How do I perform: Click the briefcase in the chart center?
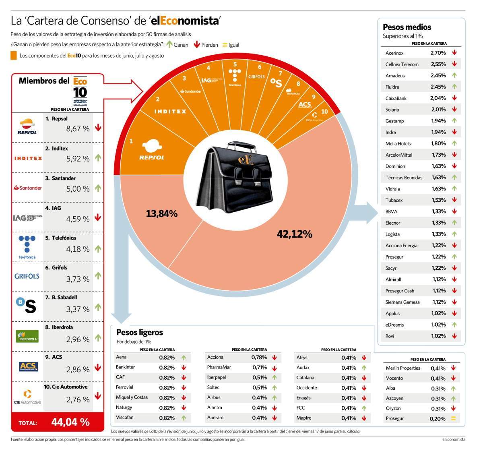237,178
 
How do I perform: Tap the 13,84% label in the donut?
161,214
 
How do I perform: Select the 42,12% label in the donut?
294,234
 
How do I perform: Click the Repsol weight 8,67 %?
78,128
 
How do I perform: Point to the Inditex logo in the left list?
28,158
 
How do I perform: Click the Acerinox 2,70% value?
438,53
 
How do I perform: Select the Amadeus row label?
395,76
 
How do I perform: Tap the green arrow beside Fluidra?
454,87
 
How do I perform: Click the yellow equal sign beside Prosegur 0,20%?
453,418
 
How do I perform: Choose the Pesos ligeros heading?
140,333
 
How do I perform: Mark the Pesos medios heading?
407,27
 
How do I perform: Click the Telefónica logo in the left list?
27,247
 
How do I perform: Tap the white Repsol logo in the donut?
152,150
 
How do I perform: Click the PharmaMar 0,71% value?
260,367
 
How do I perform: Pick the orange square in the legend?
14,56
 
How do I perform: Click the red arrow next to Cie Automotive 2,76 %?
98,396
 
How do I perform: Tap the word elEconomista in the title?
185,21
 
